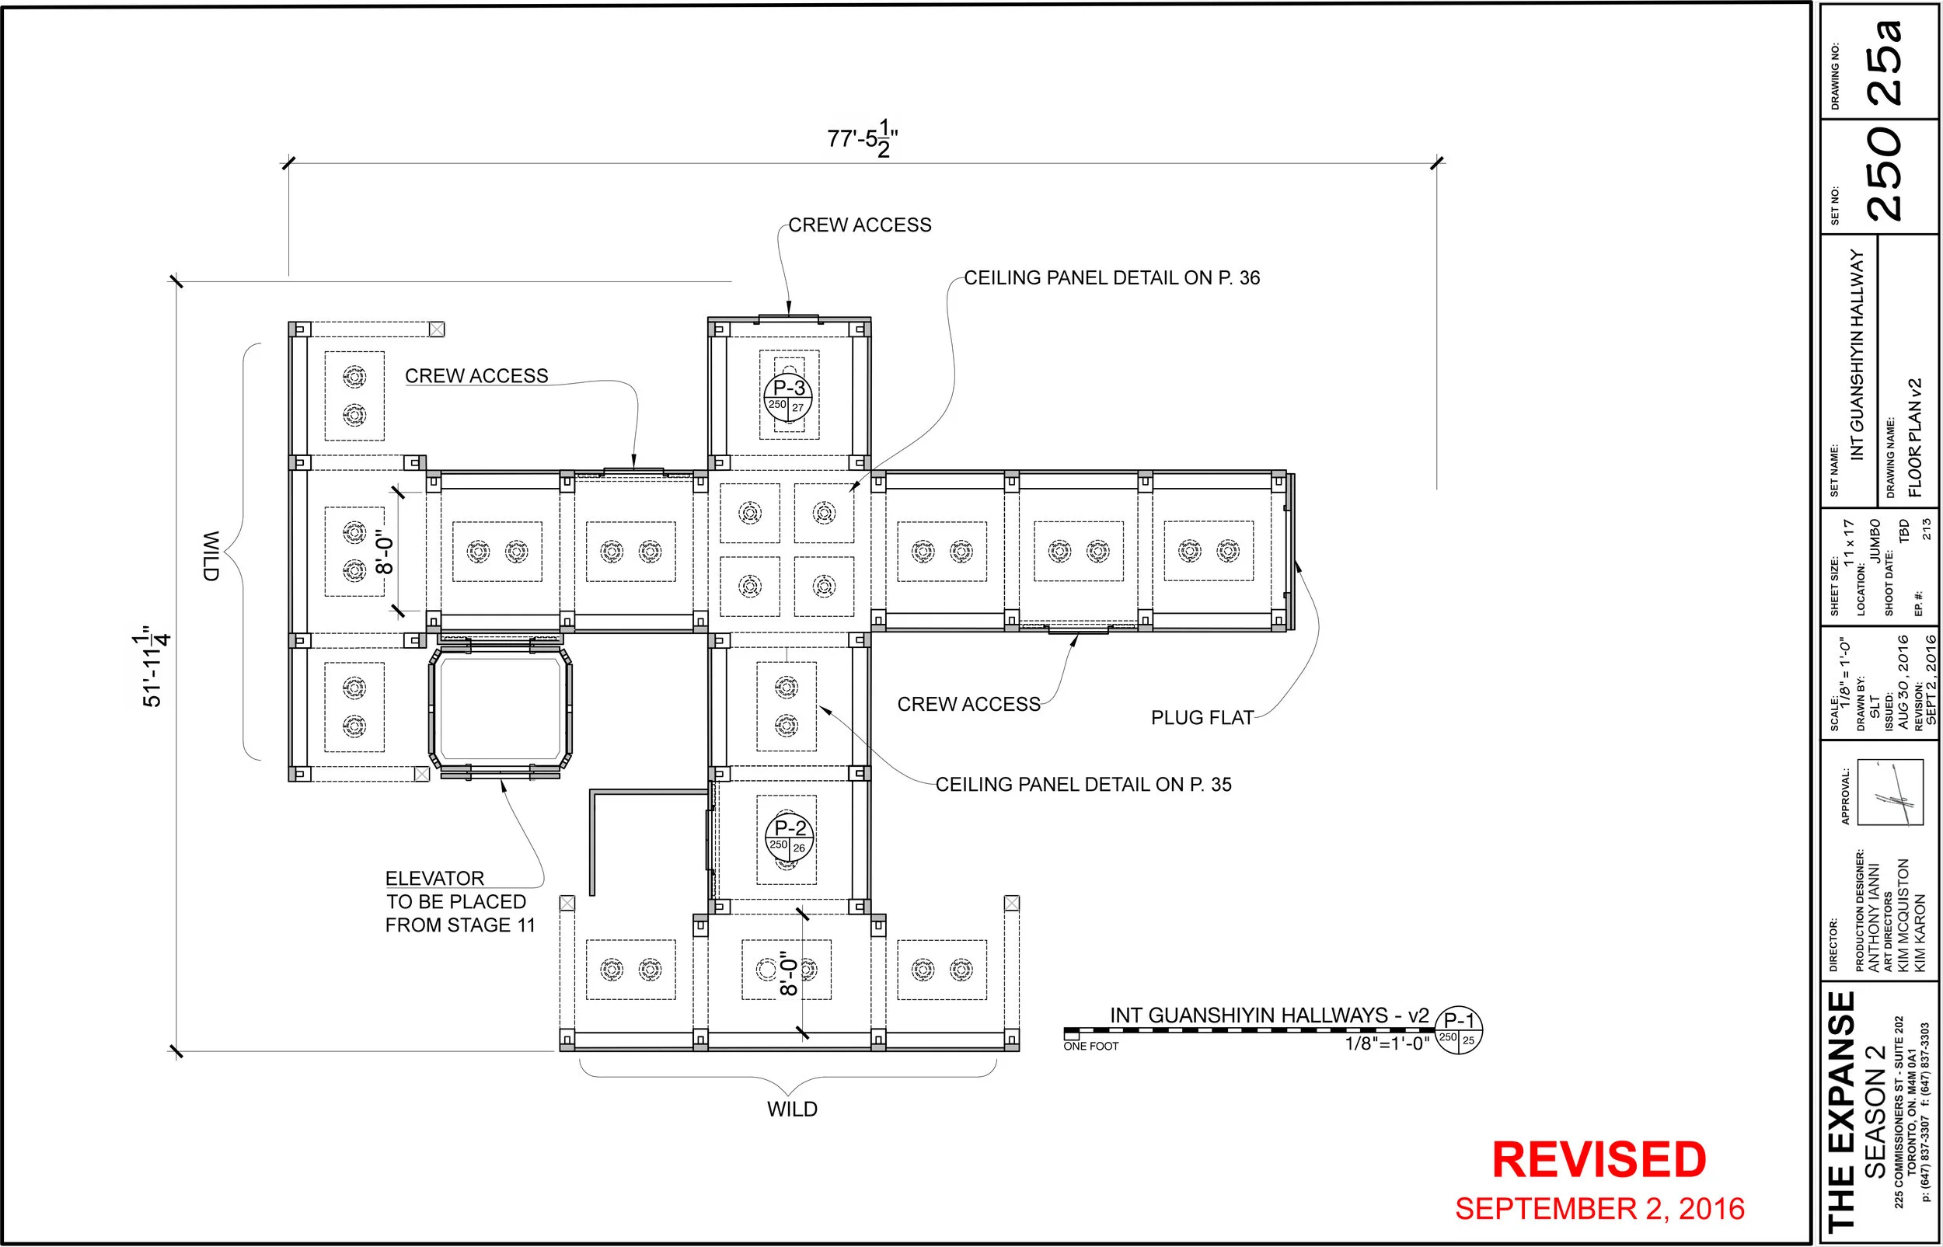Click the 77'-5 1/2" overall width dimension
(x=862, y=139)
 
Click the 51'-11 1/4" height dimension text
(x=152, y=666)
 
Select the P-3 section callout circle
(x=788, y=398)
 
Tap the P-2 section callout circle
(x=789, y=837)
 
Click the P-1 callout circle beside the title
(x=1459, y=1030)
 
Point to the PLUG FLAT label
(x=1202, y=717)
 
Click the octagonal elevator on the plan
(x=500, y=707)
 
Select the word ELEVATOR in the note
(x=434, y=879)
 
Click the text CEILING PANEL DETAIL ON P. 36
(x=1111, y=277)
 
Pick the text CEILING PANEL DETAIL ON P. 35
(x=1083, y=784)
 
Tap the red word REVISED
(x=1599, y=1159)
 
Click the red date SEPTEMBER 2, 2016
(x=1599, y=1209)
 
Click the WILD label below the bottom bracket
(x=791, y=1109)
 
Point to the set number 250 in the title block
(x=1885, y=176)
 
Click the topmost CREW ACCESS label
(x=860, y=225)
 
